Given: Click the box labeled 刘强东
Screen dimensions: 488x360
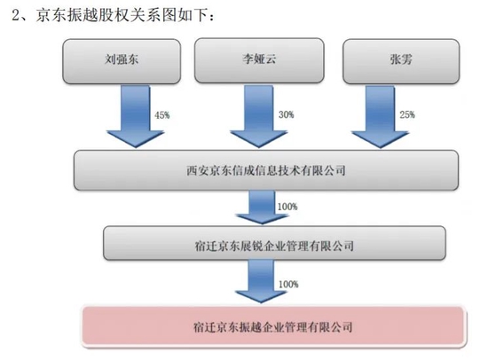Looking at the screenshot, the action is (x=122, y=61).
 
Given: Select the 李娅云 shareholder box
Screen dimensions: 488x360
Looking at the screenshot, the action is (x=259, y=60).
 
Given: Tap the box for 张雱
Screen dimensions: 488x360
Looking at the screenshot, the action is (x=401, y=61).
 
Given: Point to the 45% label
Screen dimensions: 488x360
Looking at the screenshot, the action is (x=161, y=115).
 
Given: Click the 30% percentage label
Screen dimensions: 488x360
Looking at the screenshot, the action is (x=286, y=114).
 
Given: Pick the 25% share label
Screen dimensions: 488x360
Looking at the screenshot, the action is (x=407, y=114).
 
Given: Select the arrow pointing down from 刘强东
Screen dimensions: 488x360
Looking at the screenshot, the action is (x=136, y=116).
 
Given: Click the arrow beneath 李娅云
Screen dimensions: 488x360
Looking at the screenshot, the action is (x=258, y=116).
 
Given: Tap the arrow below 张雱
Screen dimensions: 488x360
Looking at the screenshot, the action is (x=380, y=117).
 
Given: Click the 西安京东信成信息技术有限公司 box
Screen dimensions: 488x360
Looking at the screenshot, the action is (x=266, y=170).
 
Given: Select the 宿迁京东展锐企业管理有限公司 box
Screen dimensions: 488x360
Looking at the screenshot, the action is (x=274, y=243).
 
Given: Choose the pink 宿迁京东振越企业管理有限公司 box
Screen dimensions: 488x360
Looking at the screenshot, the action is (x=274, y=326).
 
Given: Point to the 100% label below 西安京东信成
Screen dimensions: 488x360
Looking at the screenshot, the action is (x=287, y=207).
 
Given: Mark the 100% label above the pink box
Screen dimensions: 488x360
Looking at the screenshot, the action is (x=288, y=284).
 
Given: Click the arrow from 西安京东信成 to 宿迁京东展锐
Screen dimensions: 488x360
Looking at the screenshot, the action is (x=262, y=207).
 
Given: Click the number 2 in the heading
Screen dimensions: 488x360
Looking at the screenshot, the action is (x=16, y=15).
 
